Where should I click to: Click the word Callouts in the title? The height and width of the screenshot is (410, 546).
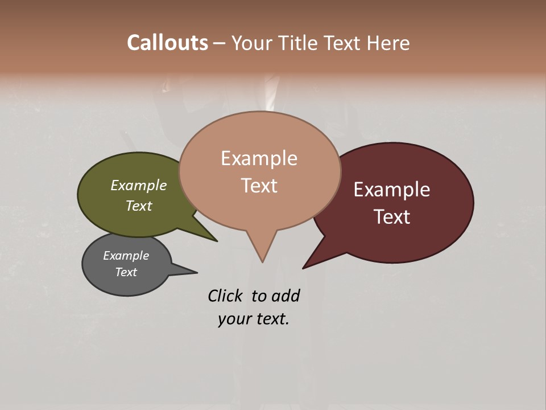pyautogui.click(x=167, y=43)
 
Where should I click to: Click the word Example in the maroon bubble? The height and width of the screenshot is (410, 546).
pyautogui.click(x=392, y=190)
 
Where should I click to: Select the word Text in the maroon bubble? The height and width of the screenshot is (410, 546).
pyautogui.click(x=392, y=217)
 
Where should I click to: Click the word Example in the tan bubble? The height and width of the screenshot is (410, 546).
pyautogui.click(x=259, y=158)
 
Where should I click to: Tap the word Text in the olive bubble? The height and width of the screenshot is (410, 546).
pyautogui.click(x=139, y=206)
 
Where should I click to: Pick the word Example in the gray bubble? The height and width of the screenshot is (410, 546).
pyautogui.click(x=126, y=256)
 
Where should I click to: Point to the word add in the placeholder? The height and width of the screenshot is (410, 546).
pyautogui.click(x=286, y=296)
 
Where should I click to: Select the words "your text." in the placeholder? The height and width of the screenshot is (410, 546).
pyautogui.click(x=254, y=319)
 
